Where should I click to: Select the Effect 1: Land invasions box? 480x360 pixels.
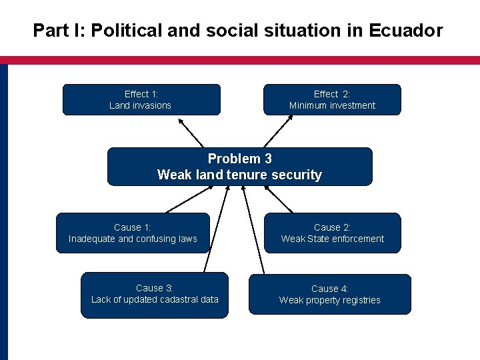click(x=141, y=99)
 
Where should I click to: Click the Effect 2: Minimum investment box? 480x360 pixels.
click(x=332, y=99)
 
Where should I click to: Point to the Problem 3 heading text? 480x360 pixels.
click(x=239, y=159)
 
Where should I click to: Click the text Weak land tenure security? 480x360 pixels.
click(x=239, y=175)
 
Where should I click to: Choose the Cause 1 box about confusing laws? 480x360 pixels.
click(x=133, y=233)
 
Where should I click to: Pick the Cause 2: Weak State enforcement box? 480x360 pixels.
click(x=332, y=233)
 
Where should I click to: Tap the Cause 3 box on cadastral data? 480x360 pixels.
click(x=154, y=294)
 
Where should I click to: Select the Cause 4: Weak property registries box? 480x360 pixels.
click(x=329, y=294)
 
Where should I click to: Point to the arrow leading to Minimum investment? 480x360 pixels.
click(x=278, y=131)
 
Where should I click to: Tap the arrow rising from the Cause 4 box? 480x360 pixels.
click(x=253, y=230)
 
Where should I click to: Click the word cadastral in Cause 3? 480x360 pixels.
click(x=177, y=299)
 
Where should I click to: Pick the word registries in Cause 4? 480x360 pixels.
click(x=360, y=301)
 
